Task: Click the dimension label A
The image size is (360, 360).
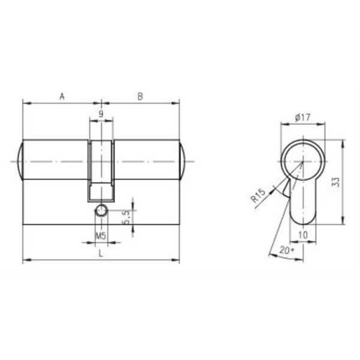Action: [62, 97]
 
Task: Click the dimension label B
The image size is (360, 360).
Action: [140, 97]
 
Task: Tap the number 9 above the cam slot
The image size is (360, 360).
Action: [101, 114]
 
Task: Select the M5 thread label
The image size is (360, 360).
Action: [101, 236]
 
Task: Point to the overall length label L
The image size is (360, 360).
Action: [101, 253]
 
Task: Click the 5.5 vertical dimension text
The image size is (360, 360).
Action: [126, 217]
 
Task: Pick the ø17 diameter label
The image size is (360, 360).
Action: [303, 118]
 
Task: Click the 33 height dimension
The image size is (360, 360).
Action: [336, 182]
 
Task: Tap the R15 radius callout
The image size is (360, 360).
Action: [258, 196]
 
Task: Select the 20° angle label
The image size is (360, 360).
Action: [286, 250]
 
